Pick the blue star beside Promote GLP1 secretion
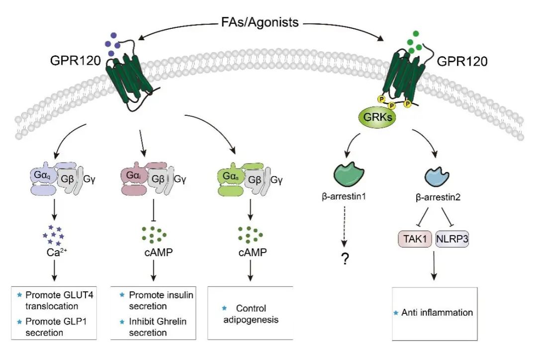click(x=20, y=322)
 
